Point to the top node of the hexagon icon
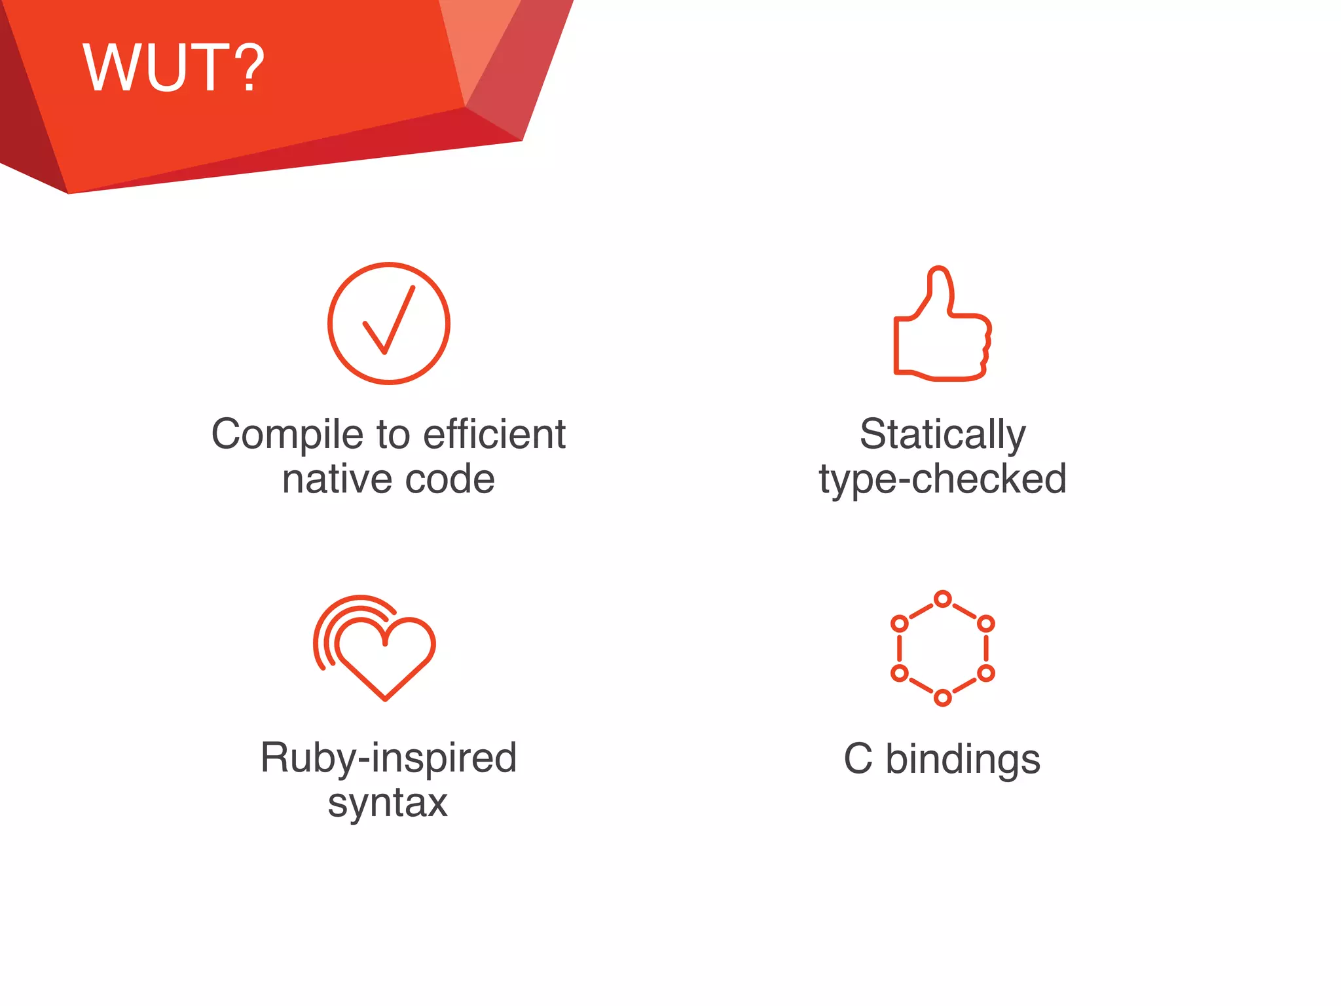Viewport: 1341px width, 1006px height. coord(942,599)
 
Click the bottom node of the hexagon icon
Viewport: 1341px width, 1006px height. coord(942,698)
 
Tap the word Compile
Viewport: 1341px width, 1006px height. coord(287,435)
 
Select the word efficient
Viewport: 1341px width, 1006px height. coord(494,434)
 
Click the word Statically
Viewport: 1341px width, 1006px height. coord(942,435)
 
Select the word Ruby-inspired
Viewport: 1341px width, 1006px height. coord(388,758)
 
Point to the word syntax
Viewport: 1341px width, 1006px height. coord(388,803)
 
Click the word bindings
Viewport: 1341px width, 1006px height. coord(963,760)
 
